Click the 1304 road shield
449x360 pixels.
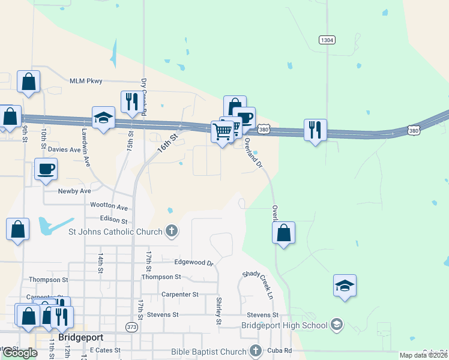[327, 40]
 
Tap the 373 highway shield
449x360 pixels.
[131, 327]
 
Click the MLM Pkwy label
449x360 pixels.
[86, 81]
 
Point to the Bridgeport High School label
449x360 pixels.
[285, 325]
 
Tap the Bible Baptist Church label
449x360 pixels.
[208, 351]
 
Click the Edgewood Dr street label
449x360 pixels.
[194, 263]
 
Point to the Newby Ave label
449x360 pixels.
[74, 191]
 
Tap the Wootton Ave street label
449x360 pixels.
[109, 206]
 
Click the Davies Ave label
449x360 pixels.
[64, 149]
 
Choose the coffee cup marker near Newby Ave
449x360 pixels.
[46, 169]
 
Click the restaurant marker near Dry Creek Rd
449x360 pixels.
[130, 102]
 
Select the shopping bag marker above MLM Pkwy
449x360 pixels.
[28, 82]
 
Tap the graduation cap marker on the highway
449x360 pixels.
[103, 118]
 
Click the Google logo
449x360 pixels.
[20, 353]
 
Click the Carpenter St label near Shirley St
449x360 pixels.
[179, 294]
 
